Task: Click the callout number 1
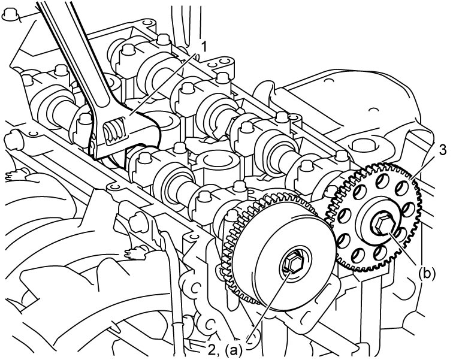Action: coord(204,46)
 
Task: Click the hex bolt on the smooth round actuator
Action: coord(291,263)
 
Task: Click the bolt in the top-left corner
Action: coord(9,14)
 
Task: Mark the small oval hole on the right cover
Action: coord(374,110)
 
